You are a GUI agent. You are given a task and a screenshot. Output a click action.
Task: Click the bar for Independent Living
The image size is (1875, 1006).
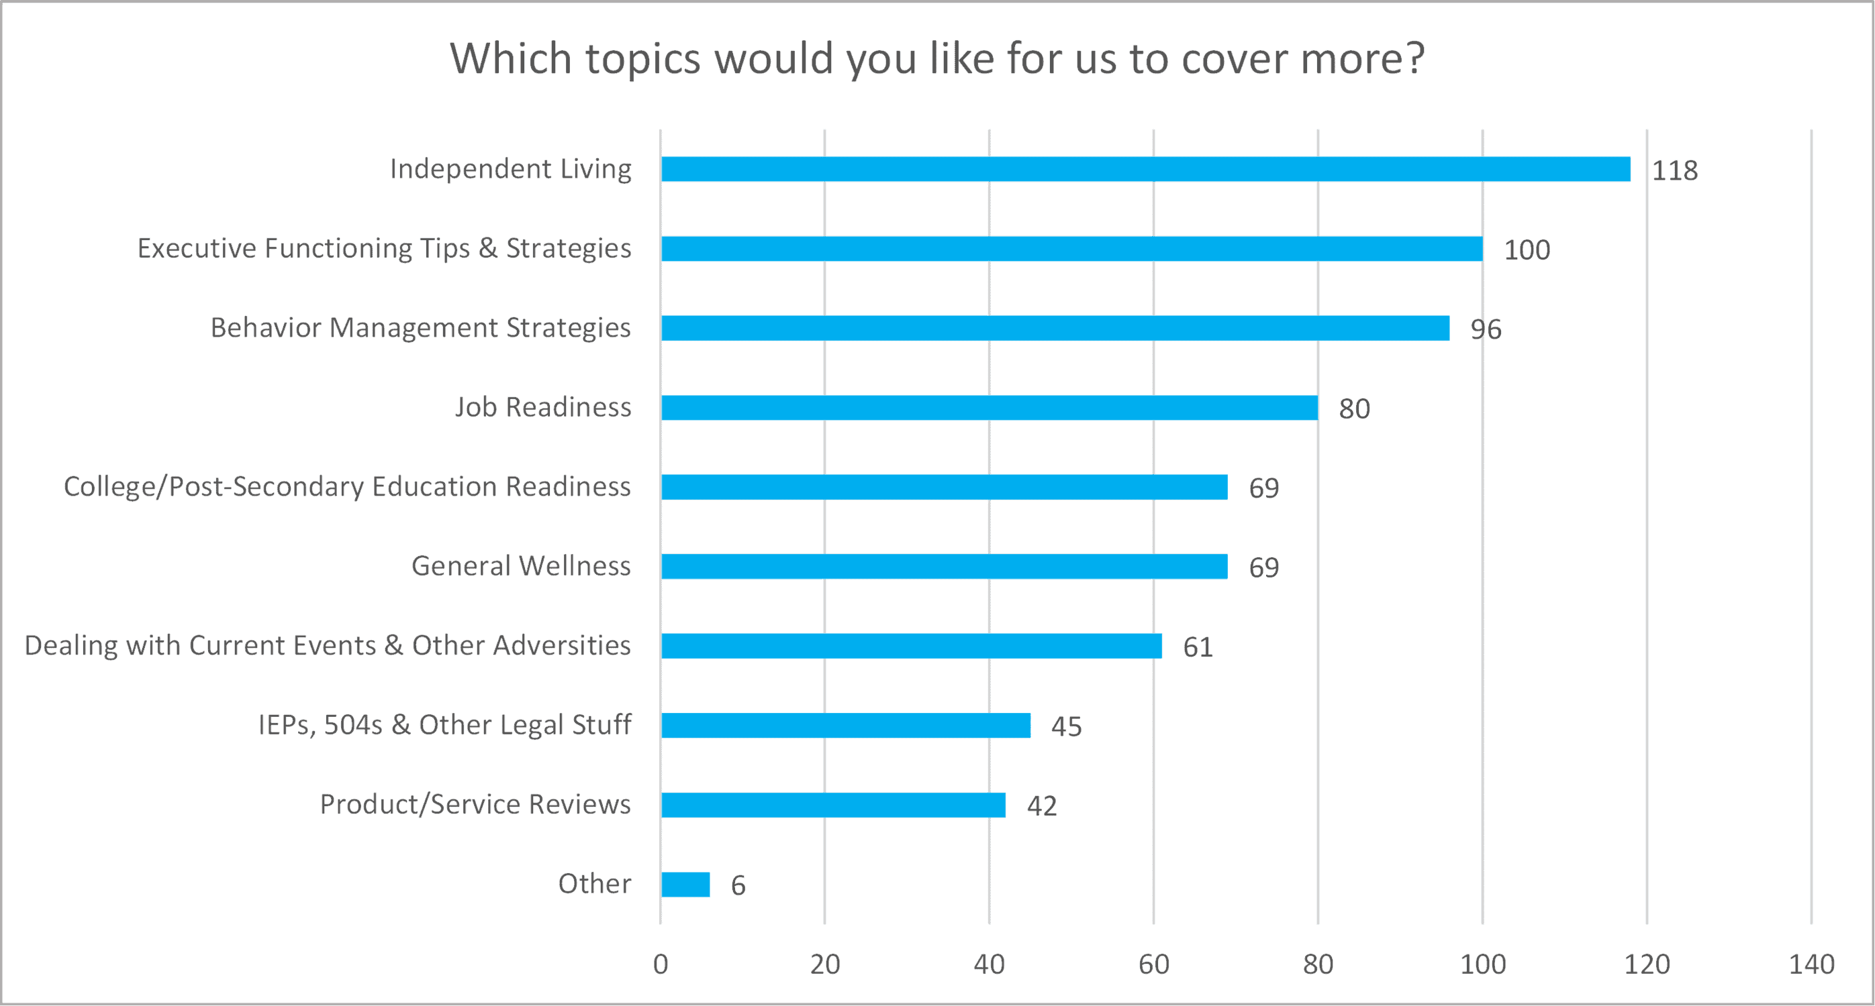pyautogui.click(x=1145, y=169)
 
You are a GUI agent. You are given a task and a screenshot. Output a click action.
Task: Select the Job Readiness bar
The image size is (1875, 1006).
pyautogui.click(x=989, y=407)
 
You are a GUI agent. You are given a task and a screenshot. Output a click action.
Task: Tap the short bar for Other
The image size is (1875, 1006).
pyautogui.click(x=685, y=885)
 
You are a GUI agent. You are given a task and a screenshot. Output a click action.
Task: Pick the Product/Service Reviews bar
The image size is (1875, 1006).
pyautogui.click(x=833, y=805)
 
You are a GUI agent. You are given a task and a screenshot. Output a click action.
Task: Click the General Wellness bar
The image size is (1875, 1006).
pyautogui.click(x=944, y=567)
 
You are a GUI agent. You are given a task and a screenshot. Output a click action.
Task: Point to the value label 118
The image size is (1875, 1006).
pyautogui.click(x=1674, y=171)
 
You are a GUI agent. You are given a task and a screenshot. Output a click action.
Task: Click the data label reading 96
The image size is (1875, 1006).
pyautogui.click(x=1486, y=329)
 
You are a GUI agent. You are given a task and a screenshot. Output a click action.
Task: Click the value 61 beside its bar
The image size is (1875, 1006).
pyautogui.click(x=1198, y=647)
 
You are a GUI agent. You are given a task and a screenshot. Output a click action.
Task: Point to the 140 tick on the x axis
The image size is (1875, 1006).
pyautogui.click(x=1811, y=964)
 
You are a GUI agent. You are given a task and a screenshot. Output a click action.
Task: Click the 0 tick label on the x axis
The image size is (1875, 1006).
pyautogui.click(x=660, y=964)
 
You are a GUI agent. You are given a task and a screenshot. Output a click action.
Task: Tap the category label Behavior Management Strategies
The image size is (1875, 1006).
pyautogui.click(x=421, y=328)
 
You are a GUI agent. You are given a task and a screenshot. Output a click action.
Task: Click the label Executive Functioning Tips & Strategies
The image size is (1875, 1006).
pyautogui.click(x=384, y=249)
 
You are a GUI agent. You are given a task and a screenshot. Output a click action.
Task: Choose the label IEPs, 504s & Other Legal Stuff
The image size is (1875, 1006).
pyautogui.click(x=444, y=725)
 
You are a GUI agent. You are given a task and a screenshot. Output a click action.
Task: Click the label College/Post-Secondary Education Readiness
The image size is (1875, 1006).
pyautogui.click(x=347, y=487)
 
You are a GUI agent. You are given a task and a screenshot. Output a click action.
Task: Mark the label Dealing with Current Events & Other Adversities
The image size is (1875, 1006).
pyautogui.click(x=328, y=646)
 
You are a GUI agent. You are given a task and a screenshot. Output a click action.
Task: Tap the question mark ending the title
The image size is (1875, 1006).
pyautogui.click(x=1415, y=58)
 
